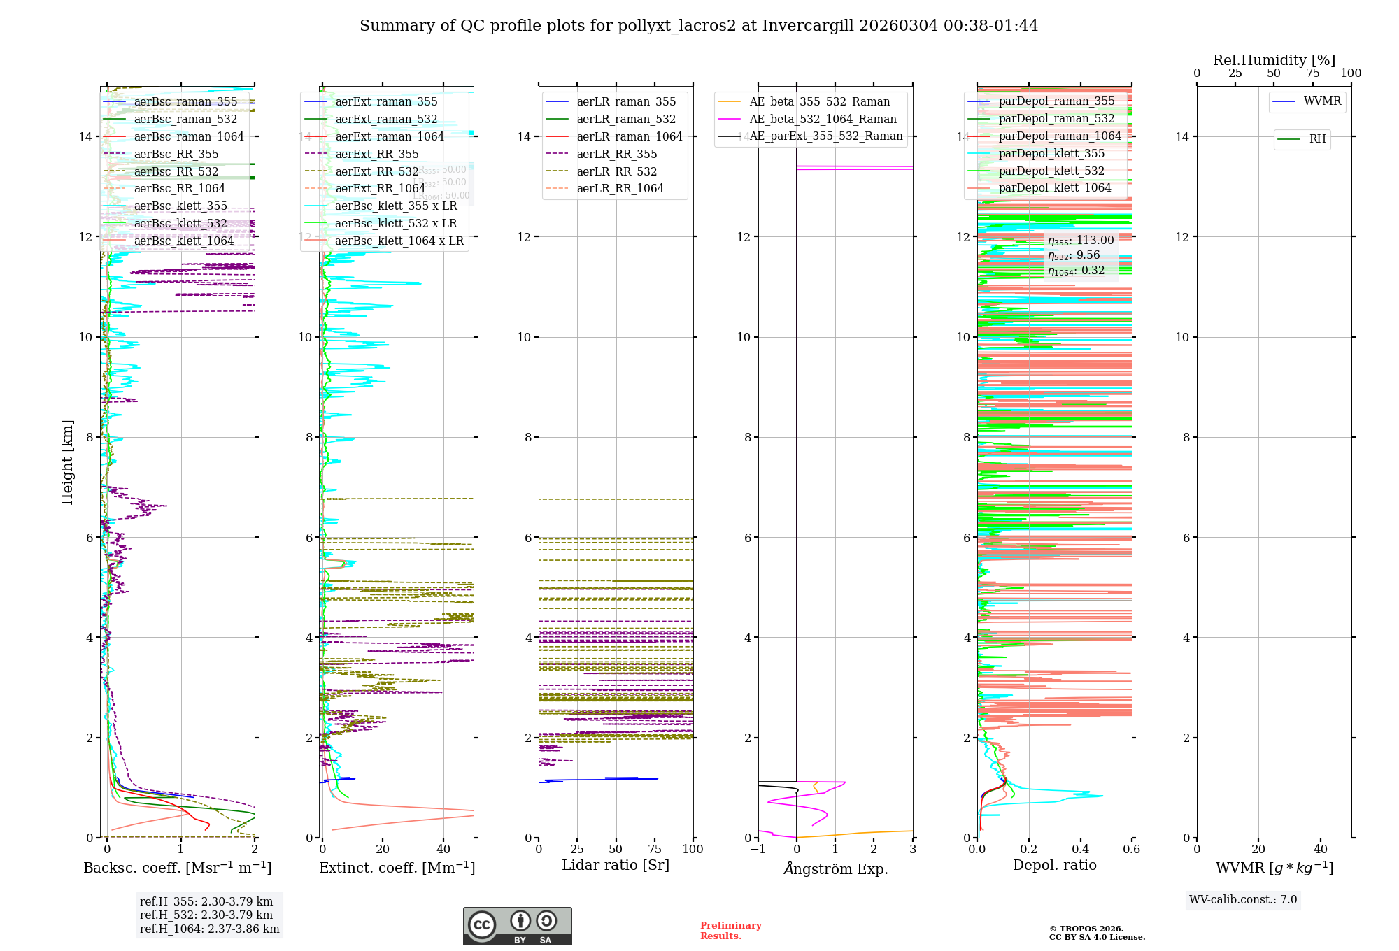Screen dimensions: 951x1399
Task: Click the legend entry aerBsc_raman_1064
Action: point(189,136)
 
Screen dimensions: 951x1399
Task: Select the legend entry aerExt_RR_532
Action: point(377,171)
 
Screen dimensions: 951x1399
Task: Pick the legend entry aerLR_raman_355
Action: point(626,101)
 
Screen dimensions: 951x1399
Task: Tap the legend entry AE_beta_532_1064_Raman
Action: point(823,119)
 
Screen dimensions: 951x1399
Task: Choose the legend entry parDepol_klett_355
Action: point(1051,153)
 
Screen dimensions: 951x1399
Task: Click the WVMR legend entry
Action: point(1322,101)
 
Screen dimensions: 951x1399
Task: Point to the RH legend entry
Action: point(1317,139)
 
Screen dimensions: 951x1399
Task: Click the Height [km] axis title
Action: point(67,462)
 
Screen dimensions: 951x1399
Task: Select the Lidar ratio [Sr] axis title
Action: point(616,865)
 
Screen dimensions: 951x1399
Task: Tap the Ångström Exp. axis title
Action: point(836,868)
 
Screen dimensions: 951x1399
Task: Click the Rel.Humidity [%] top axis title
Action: point(1274,60)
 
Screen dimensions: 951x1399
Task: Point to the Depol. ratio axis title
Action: point(1054,865)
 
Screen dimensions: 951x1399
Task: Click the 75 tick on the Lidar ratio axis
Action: point(655,850)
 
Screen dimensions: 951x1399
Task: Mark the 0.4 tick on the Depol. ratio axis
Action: point(1081,850)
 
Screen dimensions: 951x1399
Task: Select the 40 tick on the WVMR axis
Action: point(1321,850)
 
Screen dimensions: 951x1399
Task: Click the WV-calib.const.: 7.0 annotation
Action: point(1243,900)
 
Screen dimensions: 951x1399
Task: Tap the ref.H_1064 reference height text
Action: point(209,929)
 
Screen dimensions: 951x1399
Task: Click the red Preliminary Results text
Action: point(730,931)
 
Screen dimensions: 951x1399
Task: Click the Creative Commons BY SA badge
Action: point(517,927)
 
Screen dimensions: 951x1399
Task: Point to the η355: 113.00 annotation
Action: point(1081,241)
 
